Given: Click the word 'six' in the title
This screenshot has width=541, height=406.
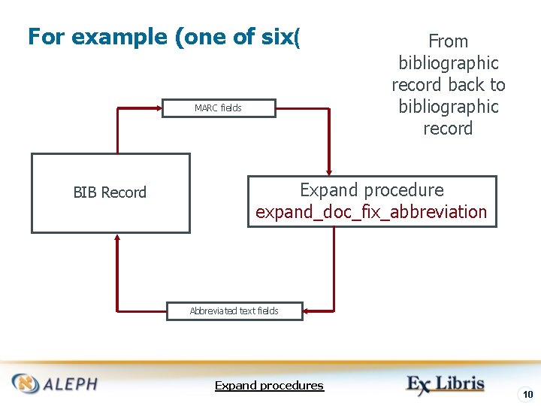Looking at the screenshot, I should (277, 36).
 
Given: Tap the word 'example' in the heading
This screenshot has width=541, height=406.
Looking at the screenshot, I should (120, 36).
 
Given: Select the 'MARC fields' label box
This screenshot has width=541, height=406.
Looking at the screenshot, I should (218, 108).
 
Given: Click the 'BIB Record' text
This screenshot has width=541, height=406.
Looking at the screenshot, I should (110, 192).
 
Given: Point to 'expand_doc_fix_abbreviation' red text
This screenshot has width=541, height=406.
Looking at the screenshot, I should (371, 212).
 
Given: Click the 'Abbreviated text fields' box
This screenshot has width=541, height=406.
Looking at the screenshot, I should (234, 311).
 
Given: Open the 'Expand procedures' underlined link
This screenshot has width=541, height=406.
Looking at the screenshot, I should (269, 386).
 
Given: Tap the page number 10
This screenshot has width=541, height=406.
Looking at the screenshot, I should (528, 395).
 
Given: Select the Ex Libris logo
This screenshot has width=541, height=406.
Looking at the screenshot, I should (445, 384).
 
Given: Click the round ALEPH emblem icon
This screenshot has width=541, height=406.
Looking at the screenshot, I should (26, 383).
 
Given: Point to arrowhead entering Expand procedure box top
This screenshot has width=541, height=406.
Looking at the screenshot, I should (329, 170).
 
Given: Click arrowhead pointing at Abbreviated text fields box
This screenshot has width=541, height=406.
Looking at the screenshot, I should (309, 311).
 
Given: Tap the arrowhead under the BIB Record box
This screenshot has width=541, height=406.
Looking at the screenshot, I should (118, 238).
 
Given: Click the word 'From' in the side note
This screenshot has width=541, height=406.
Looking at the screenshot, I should (448, 41).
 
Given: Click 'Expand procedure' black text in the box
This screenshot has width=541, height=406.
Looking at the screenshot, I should (372, 190).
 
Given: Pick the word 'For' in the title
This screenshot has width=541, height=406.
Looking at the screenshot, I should (45, 36).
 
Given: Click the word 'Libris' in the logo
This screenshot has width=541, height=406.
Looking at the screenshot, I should (460, 383).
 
